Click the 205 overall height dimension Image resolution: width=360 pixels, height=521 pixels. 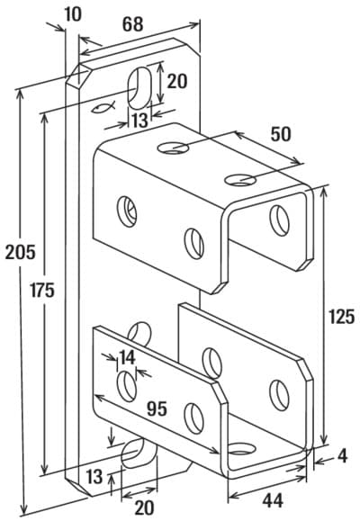pyautogui.click(x=21, y=253)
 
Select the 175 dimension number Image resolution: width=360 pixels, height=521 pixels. pyautogui.click(x=42, y=290)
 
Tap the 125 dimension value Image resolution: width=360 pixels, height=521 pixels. pyautogui.click(x=341, y=317)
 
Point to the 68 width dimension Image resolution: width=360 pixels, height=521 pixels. pyautogui.click(x=133, y=24)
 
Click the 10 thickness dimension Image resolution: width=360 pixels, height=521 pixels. pyautogui.click(x=73, y=14)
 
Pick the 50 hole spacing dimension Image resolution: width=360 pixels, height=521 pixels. pyautogui.click(x=281, y=134)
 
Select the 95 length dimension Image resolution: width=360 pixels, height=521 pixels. pyautogui.click(x=157, y=409)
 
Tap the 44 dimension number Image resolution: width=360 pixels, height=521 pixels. pyautogui.click(x=273, y=500)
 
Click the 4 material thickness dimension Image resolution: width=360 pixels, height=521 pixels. pyautogui.click(x=342, y=456)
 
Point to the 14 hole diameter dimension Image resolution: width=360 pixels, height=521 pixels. pyautogui.click(x=127, y=358)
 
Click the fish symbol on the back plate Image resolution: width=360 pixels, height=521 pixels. pyautogui.click(x=103, y=107)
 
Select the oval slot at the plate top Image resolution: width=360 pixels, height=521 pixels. pyautogui.click(x=139, y=88)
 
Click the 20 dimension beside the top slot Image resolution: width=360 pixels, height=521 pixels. pyautogui.click(x=176, y=81)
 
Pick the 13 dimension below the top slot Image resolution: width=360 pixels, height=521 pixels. pyautogui.click(x=139, y=121)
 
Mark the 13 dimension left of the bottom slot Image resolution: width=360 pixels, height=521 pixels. pyautogui.click(x=94, y=477)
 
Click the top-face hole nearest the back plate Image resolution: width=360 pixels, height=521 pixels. pyautogui.click(x=173, y=148)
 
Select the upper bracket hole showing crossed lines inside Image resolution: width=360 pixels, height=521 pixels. pyautogui.click(x=127, y=211)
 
